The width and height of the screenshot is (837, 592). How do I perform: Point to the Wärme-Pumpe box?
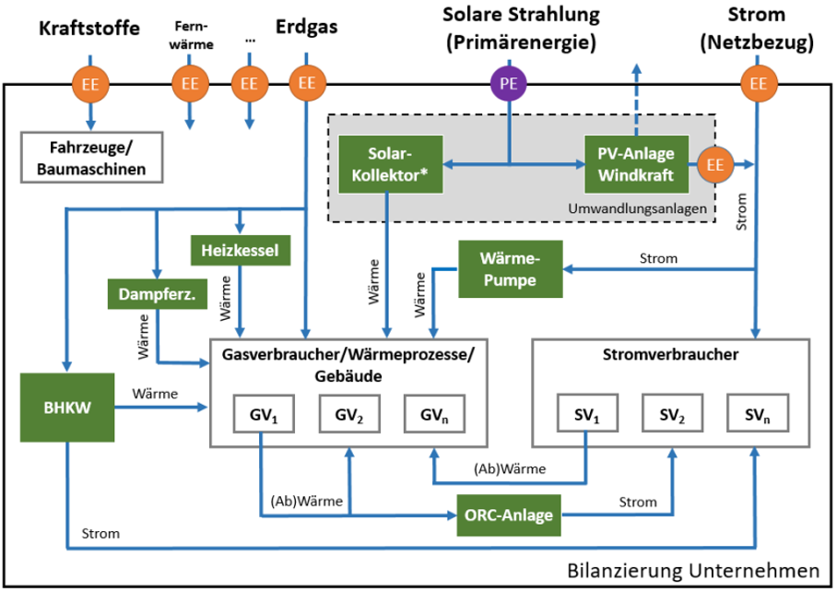click(510, 269)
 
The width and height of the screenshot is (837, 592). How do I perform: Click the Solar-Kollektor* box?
click(391, 164)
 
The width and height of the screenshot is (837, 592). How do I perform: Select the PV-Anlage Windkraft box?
click(635, 164)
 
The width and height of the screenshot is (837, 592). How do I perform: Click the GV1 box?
click(263, 415)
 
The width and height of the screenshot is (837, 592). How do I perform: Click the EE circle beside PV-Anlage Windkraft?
click(714, 165)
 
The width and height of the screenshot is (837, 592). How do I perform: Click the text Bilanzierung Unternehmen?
click(692, 571)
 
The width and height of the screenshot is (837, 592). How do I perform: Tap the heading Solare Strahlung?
click(521, 15)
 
